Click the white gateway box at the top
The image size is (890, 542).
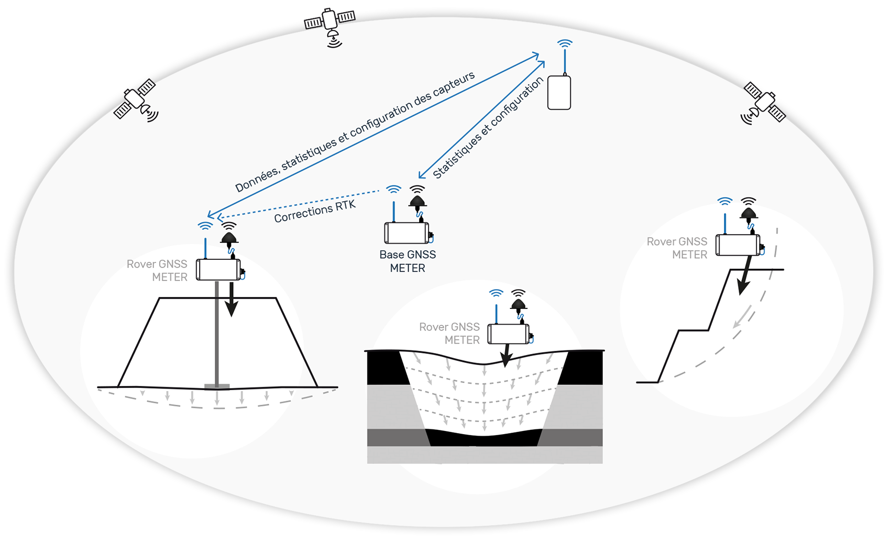tap(559, 93)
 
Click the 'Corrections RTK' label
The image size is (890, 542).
tap(315, 211)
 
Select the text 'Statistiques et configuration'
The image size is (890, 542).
tap(488, 129)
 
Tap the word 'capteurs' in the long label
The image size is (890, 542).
tap(454, 83)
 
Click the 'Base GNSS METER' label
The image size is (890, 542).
tap(408, 261)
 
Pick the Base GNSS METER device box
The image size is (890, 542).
tap(407, 233)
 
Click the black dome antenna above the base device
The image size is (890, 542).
tap(417, 201)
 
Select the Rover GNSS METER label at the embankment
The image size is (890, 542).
tap(157, 270)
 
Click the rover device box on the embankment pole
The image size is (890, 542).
tap(218, 270)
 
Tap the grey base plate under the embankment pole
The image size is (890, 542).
tap(217, 386)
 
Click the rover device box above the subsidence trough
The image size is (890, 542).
tap(508, 334)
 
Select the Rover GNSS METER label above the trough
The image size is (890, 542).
tap(449, 334)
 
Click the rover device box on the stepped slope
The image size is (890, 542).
tap(738, 245)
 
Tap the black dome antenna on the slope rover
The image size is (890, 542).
tap(749, 212)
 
